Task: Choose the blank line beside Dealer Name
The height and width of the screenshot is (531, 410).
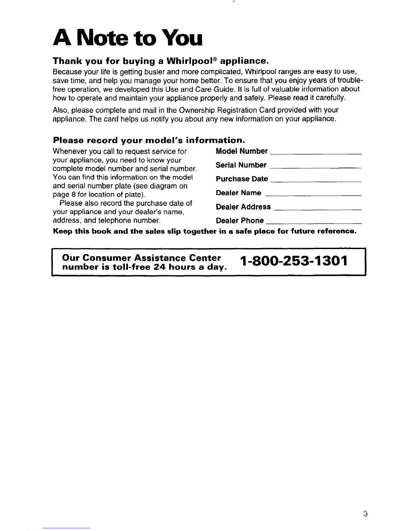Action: pyautogui.click(x=314, y=195)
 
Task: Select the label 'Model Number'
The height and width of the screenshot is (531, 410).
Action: pyautogui.click(x=242, y=151)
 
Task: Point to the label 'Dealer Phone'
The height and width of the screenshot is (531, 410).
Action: pyautogui.click(x=240, y=221)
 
